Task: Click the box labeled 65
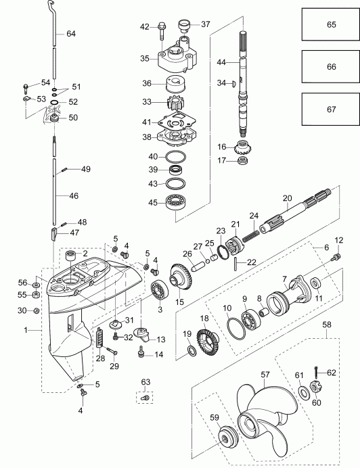[331, 24]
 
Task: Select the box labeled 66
[331, 68]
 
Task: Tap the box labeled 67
[331, 110]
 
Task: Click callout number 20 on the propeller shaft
[286, 198]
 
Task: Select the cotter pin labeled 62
[316, 371]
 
